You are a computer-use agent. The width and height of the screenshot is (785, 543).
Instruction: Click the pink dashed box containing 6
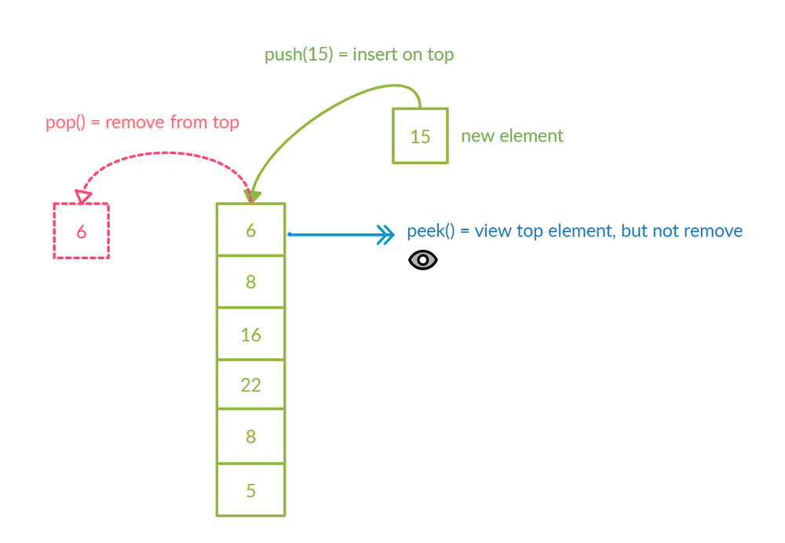81,231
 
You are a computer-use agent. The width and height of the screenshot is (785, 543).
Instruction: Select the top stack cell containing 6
250,229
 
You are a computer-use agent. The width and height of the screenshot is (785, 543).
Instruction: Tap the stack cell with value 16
250,335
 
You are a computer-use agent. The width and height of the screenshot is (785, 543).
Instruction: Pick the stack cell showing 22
250,385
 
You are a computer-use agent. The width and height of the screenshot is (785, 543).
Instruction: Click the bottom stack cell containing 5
250,490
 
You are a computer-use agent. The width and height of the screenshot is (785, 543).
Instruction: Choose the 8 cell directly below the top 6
250,281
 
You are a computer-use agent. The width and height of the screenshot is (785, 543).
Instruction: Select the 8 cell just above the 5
250,436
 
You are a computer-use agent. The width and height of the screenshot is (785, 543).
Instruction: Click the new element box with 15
420,136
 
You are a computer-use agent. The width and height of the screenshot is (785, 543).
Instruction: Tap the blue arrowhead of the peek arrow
385,233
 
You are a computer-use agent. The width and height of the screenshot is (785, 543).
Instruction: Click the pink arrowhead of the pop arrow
82,194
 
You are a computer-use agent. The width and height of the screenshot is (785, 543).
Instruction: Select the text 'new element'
512,136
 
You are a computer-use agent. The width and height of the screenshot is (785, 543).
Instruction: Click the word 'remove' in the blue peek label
713,231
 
